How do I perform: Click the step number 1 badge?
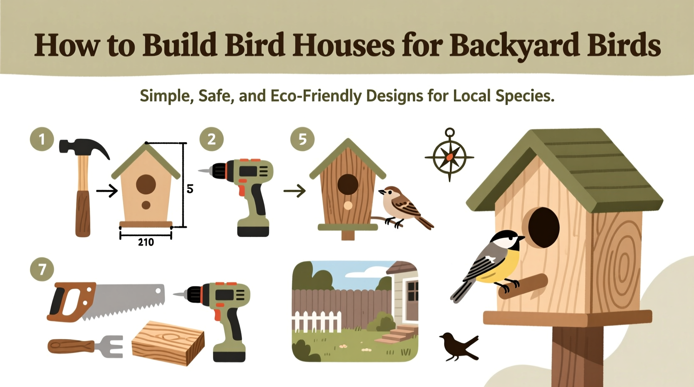(x=42, y=139)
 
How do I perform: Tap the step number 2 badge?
(x=211, y=139)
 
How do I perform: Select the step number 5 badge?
(x=302, y=139)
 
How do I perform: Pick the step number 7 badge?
(x=42, y=269)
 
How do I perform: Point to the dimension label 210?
(x=146, y=242)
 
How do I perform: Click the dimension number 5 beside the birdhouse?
(x=190, y=189)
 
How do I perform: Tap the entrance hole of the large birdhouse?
(x=543, y=227)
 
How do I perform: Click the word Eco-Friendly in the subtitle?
(x=316, y=96)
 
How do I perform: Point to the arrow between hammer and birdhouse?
(x=107, y=191)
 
